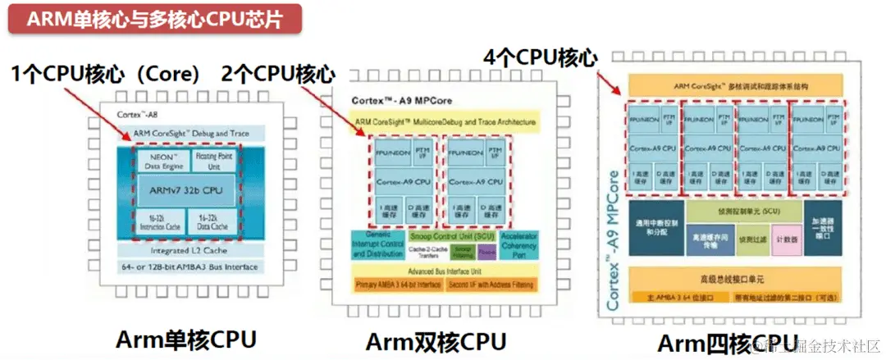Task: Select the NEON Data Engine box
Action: pos(159,161)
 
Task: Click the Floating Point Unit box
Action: pos(214,160)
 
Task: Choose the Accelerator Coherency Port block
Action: pos(518,245)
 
